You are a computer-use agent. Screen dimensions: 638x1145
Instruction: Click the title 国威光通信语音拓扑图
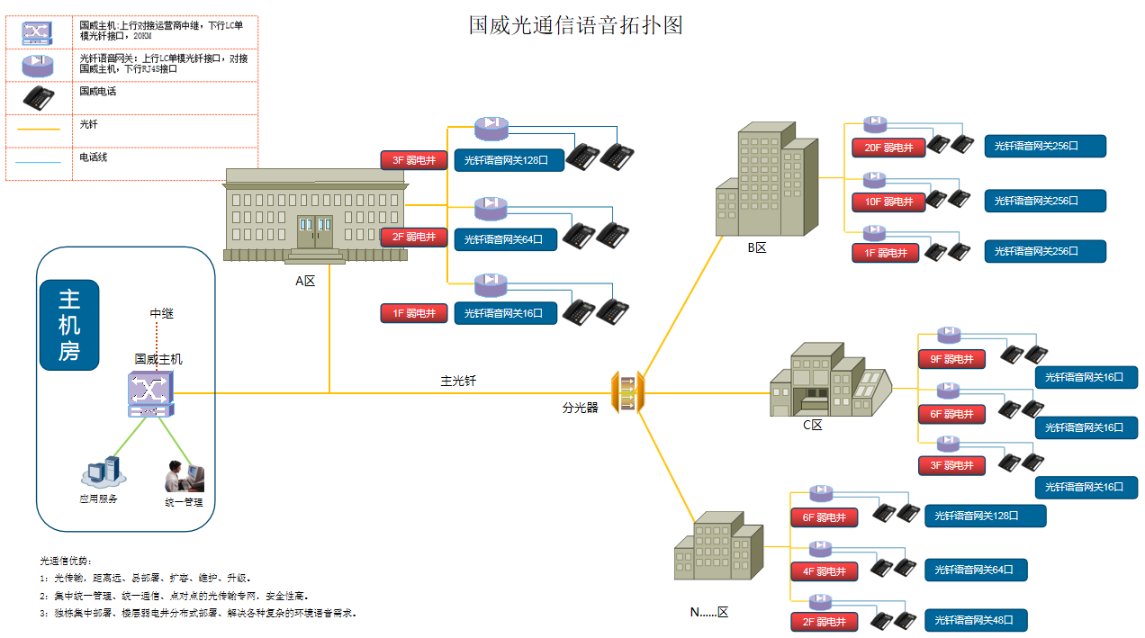575,25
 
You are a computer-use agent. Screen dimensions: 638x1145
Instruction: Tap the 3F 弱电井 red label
414,161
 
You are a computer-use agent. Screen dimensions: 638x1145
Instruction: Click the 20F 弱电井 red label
888,148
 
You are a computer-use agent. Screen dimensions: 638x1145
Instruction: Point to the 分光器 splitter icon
627,393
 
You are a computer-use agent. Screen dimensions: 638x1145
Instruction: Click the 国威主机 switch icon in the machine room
149,395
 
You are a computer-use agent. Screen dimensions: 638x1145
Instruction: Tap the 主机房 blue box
69,325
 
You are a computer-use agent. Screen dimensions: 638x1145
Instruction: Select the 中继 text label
161,313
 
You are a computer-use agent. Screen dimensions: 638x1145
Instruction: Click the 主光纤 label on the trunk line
457,381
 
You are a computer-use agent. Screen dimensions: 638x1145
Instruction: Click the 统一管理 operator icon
185,477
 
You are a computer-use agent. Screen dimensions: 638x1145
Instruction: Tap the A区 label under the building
305,281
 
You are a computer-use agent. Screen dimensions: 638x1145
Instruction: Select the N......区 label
708,612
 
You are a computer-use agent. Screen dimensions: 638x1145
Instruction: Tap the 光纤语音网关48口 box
976,620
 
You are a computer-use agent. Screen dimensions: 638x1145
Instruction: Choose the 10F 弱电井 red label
888,202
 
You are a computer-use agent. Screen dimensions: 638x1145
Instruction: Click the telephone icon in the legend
39,96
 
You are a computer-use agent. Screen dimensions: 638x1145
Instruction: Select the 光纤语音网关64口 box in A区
505,239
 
